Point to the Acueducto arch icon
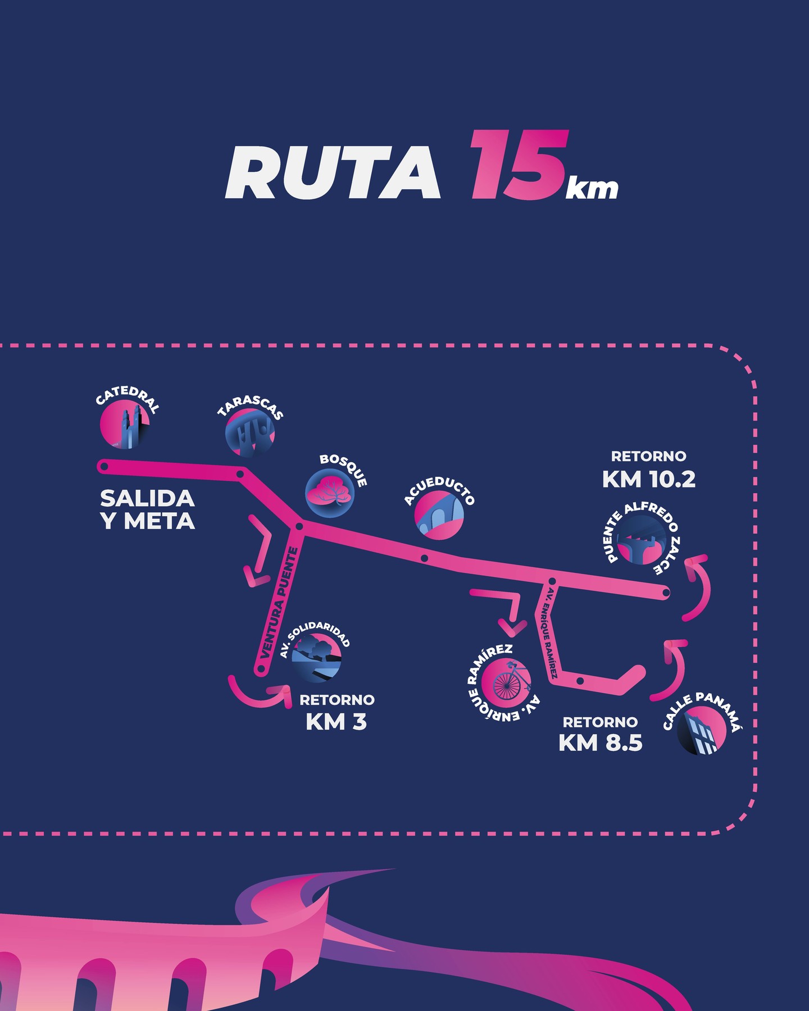(440, 516)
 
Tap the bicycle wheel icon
(506, 680)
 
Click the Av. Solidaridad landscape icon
(316, 658)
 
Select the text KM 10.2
(649, 479)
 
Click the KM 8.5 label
(600, 743)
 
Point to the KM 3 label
(336, 722)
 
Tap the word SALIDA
(147, 498)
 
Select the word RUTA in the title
(333, 172)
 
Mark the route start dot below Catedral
(103, 466)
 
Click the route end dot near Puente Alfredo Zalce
(665, 592)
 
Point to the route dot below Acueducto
(424, 558)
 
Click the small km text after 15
(592, 189)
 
